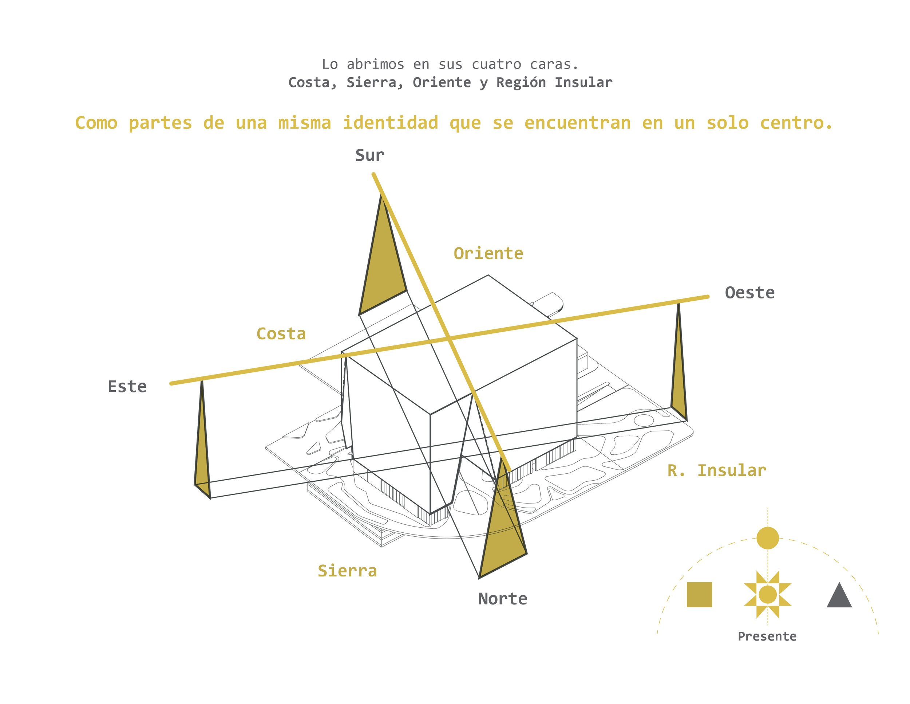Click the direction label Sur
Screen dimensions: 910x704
point(369,155)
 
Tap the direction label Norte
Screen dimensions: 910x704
point(502,599)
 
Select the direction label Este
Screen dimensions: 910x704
point(127,387)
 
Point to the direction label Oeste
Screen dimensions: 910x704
point(749,293)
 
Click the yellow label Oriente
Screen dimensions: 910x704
point(488,254)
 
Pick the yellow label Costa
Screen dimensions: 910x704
point(281,334)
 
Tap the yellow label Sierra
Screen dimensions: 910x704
point(347,571)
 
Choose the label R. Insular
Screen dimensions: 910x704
point(717,470)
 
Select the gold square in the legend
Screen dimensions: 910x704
point(699,594)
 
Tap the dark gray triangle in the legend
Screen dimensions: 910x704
point(839,595)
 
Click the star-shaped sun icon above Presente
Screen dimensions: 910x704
point(768,594)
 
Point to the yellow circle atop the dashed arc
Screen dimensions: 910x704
point(768,537)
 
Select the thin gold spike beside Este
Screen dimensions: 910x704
point(202,450)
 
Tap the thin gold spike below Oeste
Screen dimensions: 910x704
point(679,367)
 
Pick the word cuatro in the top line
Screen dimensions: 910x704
point(496,64)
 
